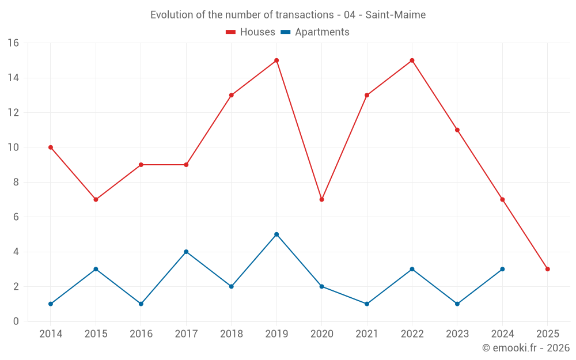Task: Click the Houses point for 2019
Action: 276,60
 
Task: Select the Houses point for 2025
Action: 548,269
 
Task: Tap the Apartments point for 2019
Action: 276,234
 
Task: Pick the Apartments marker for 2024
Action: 502,269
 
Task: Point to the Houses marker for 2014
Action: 51,147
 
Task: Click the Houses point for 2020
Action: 321,199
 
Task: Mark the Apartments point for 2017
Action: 186,252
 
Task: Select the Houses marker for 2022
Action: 412,60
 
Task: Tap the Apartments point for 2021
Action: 367,304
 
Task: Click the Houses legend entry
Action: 251,32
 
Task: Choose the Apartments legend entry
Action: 315,32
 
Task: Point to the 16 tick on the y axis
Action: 13,43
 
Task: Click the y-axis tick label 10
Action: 13,147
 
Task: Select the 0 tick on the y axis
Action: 16,321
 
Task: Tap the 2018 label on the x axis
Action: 231,334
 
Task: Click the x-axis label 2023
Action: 457,334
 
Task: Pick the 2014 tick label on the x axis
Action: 51,334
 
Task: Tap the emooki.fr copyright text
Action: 526,348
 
